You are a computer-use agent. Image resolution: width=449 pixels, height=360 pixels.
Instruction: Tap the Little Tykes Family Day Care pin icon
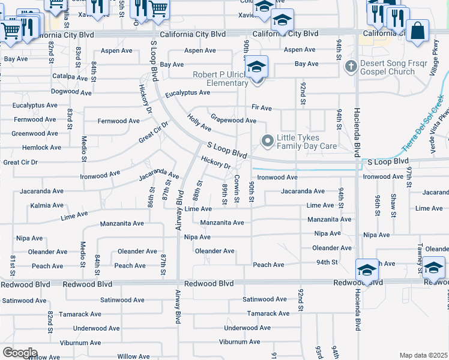point(268,141)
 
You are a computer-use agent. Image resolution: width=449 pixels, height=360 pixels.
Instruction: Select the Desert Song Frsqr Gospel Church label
point(387,67)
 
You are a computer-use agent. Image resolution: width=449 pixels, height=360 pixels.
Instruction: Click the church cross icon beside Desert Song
point(352,64)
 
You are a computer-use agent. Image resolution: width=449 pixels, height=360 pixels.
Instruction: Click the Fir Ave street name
point(262,108)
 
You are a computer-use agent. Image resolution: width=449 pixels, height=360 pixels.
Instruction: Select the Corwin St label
point(237,188)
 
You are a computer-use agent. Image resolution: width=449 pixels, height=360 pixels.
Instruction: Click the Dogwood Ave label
point(71,93)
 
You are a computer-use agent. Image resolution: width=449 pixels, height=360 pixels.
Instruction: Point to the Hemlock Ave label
point(41,148)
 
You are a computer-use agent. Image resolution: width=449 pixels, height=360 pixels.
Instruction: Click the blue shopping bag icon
point(417,31)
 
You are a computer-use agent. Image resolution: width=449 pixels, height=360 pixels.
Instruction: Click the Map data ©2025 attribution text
point(423,355)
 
